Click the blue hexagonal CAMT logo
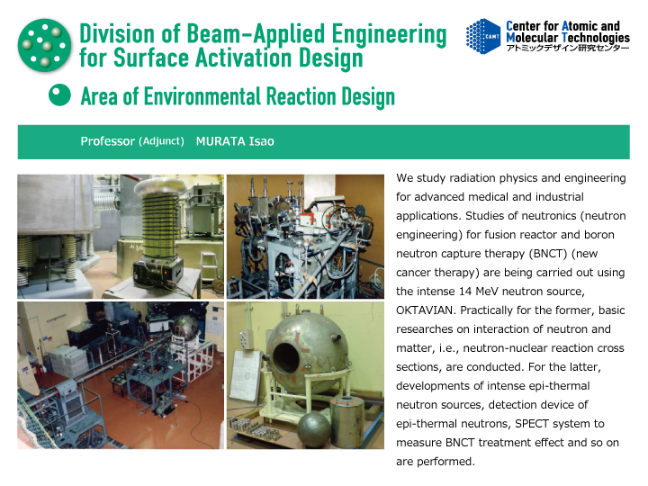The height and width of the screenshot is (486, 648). point(483,36)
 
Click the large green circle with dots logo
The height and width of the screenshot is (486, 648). point(44,45)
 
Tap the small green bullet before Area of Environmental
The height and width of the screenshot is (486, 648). point(59,94)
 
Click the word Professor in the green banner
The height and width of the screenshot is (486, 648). point(107,141)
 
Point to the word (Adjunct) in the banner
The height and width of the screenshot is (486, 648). point(161,141)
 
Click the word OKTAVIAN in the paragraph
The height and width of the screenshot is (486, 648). point(426,310)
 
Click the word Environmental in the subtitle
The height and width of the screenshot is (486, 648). point(202,96)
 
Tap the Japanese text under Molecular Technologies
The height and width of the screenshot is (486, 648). point(568,48)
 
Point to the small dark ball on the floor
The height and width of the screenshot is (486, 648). point(314,429)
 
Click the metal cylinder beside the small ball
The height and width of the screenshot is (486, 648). point(347,421)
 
